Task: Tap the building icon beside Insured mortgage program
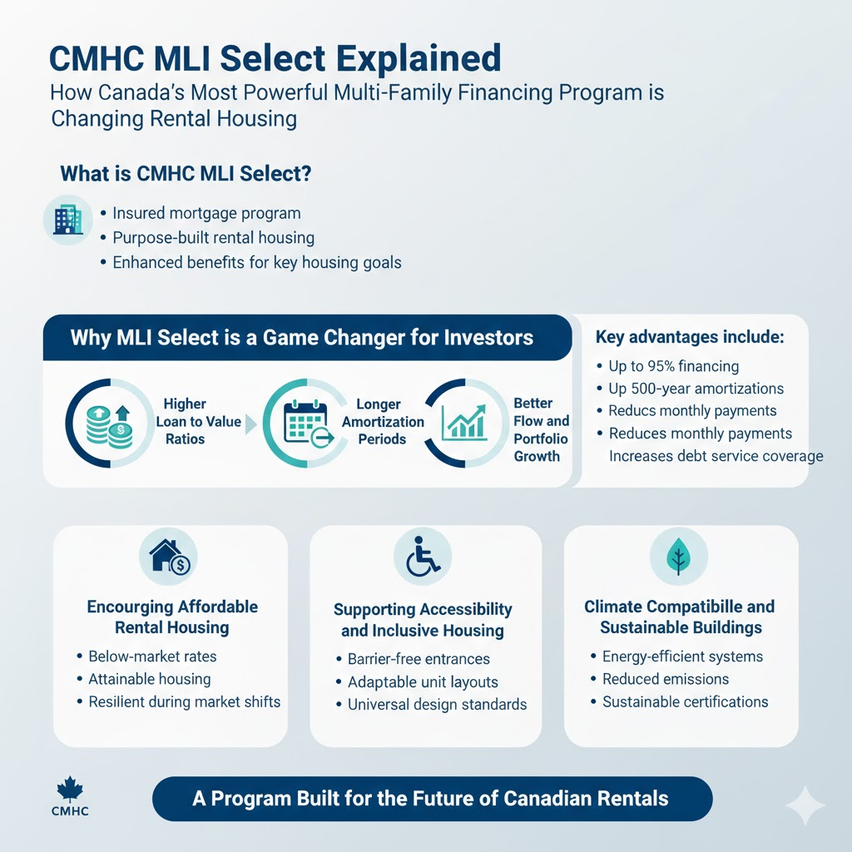tap(67, 220)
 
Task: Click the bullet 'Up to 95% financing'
tap(673, 366)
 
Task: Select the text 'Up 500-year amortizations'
tap(696, 389)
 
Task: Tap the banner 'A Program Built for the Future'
tap(431, 799)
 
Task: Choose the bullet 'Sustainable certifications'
tap(685, 701)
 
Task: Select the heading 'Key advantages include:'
tap(690, 338)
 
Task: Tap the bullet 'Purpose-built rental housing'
tap(213, 238)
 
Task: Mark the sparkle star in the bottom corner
tap(805, 805)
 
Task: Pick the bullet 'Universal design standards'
tap(437, 705)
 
